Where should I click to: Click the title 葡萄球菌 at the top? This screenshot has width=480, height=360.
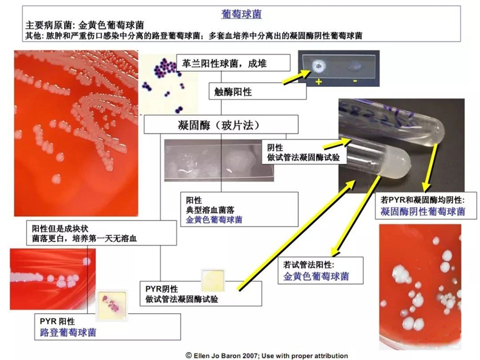click(x=241, y=13)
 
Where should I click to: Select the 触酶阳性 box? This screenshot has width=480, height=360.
click(x=234, y=92)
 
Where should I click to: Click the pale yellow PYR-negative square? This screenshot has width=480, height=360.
click(x=211, y=279)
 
